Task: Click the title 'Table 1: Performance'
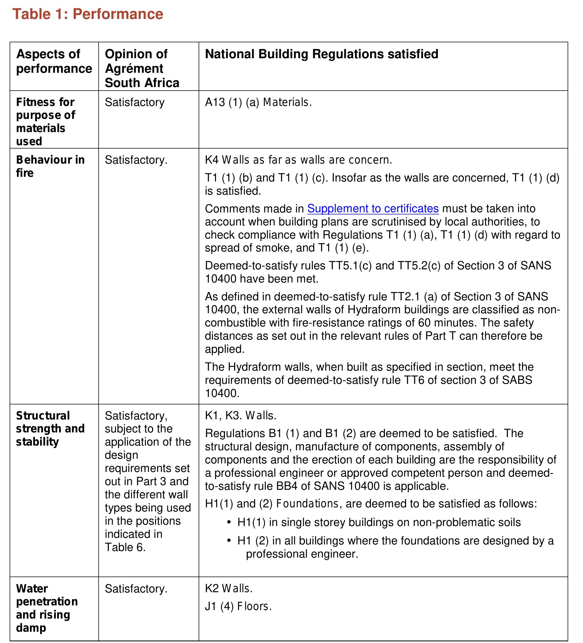point(88,14)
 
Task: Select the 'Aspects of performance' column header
point(54,61)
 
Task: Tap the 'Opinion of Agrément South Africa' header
point(142,68)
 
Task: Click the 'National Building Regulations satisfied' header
point(321,54)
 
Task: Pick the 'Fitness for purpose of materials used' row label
point(46,122)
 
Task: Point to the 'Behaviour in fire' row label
point(50,166)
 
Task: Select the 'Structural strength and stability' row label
point(50,428)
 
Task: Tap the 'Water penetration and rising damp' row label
point(47,608)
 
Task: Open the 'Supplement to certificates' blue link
point(373,208)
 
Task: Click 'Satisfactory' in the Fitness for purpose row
point(134,102)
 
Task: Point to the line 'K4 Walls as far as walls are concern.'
point(298,160)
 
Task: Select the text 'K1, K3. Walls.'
point(241,415)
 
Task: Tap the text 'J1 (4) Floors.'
point(238,606)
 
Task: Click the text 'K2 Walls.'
point(229,588)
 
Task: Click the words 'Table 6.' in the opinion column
point(125,547)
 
